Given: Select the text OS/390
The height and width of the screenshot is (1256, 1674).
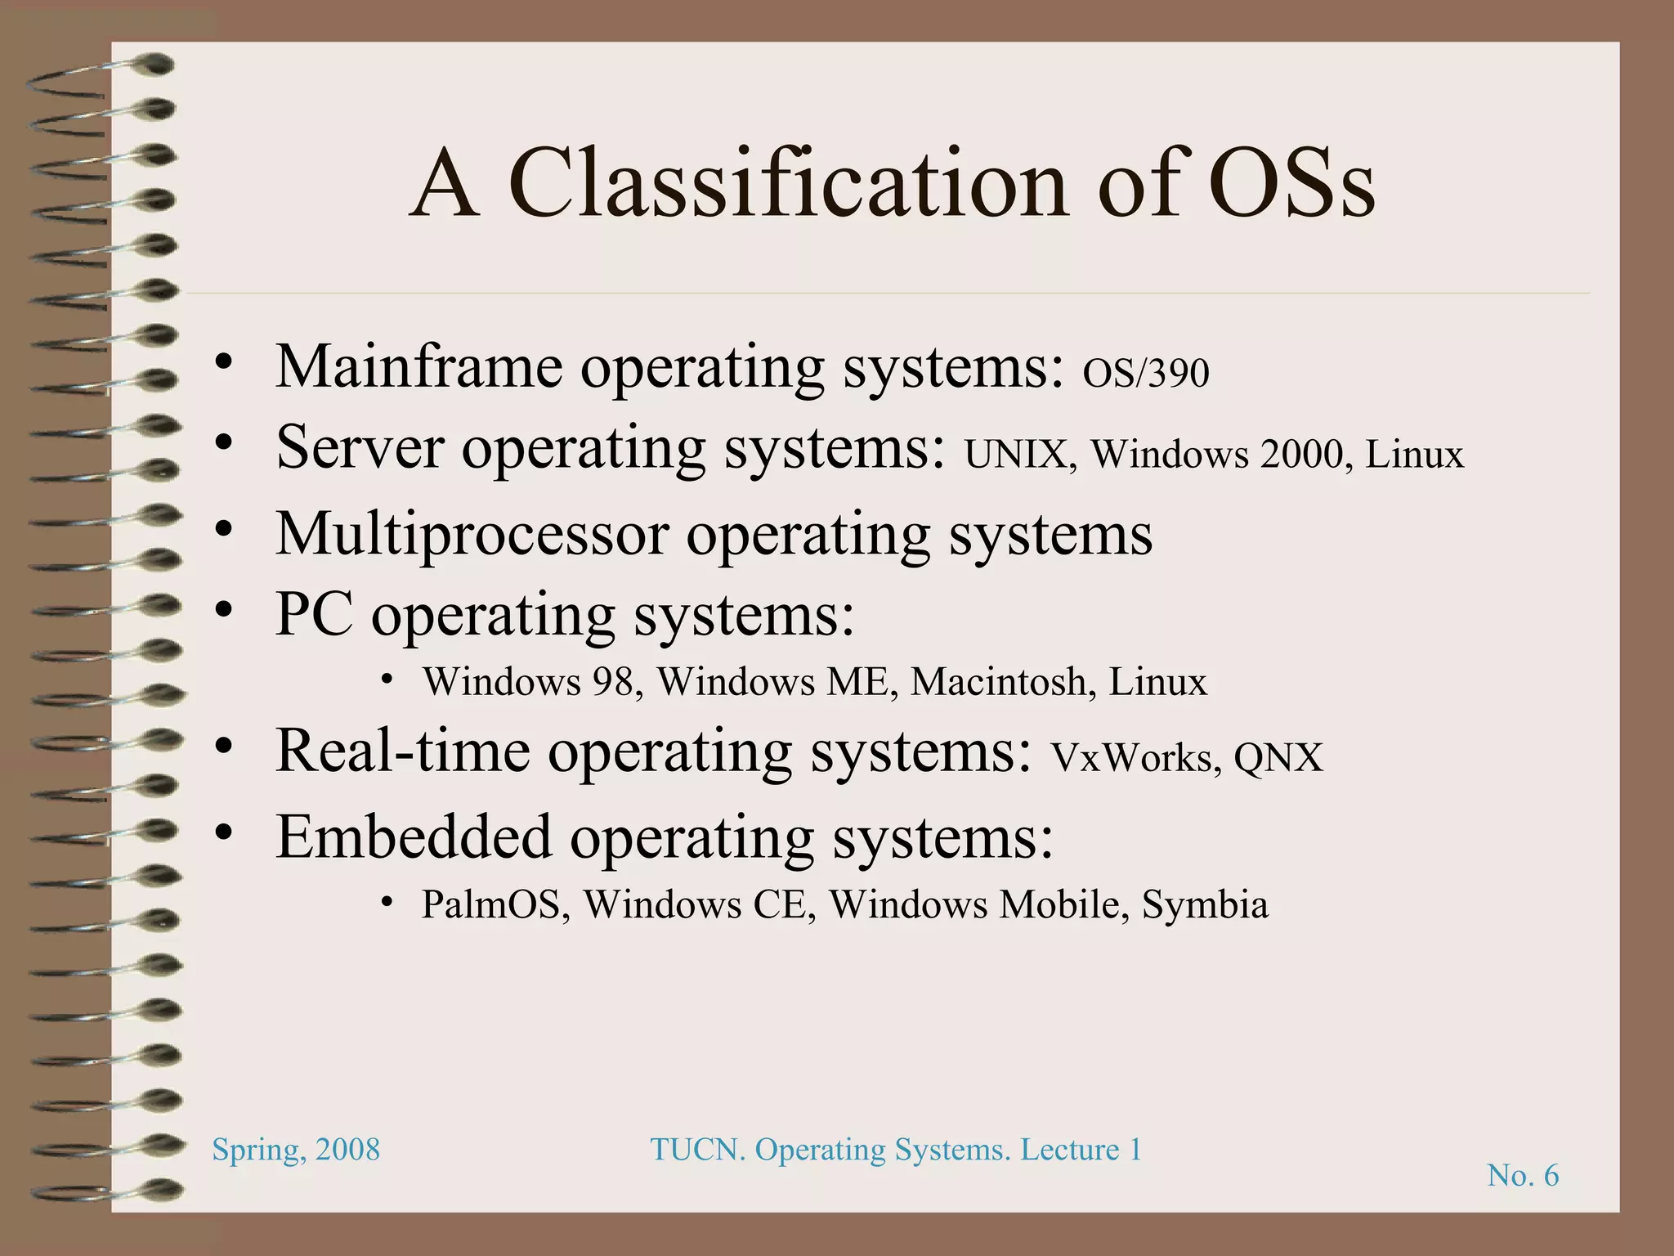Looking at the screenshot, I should coord(1145,374).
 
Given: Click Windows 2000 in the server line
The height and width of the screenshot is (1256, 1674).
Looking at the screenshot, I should coord(1216,455).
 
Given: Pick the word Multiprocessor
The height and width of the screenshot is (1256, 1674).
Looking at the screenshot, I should coord(472,535).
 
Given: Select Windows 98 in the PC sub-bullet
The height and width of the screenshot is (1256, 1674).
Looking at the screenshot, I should coord(527,682).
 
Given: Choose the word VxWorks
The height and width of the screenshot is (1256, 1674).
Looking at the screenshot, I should coord(1135,757).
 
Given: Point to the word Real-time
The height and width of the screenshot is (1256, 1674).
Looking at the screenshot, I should coord(402,751).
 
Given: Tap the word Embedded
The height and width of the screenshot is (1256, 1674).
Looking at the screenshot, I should coord(414,837).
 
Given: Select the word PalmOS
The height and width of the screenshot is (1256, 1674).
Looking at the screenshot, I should coord(495,904).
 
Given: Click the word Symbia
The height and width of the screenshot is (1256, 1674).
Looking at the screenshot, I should coord(1204,904).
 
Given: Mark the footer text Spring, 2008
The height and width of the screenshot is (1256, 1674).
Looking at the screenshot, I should coord(296,1150).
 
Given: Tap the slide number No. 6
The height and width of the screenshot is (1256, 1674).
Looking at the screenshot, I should coord(1522,1175).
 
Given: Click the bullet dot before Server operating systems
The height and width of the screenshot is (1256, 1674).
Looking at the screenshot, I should coord(224,442).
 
